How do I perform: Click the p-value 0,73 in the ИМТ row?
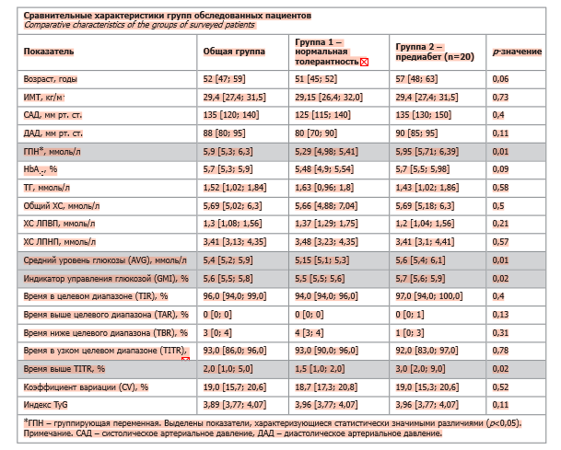coord(501,97)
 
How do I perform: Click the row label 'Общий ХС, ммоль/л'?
coord(64,203)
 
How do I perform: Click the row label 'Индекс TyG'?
coord(46,404)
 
